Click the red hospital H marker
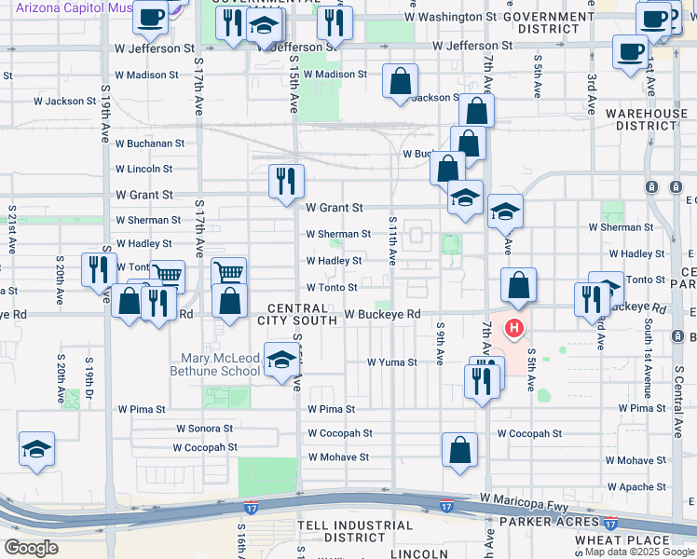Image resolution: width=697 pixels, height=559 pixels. coord(513,328)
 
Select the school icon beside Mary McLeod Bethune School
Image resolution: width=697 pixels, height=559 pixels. coord(280,361)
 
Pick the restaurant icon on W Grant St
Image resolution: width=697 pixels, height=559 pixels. coord(286,179)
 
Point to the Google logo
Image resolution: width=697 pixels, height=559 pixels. coord(32,547)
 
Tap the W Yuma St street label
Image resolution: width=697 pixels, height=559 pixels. coord(391,361)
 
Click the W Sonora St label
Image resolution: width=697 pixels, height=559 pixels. coord(205,429)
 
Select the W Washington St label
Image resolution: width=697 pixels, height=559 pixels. coord(445,17)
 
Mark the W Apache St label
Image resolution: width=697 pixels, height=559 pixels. coord(636,486)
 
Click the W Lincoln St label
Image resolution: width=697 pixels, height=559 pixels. coord(143,169)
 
